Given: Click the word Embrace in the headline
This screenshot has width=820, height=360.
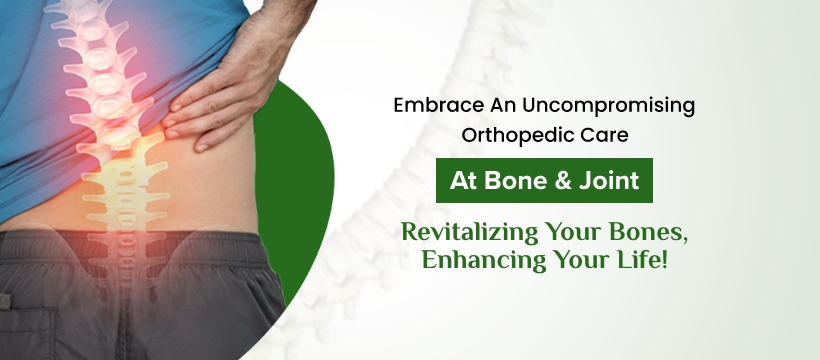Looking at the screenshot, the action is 439,106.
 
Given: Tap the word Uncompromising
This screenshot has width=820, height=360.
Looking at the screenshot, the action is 608,107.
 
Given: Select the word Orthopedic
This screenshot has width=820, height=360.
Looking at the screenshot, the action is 519,136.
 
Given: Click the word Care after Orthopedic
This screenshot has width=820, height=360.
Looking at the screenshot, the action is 605,136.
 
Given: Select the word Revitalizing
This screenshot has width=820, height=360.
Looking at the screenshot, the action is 470,232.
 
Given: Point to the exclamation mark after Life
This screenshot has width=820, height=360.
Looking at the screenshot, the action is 665,260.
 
